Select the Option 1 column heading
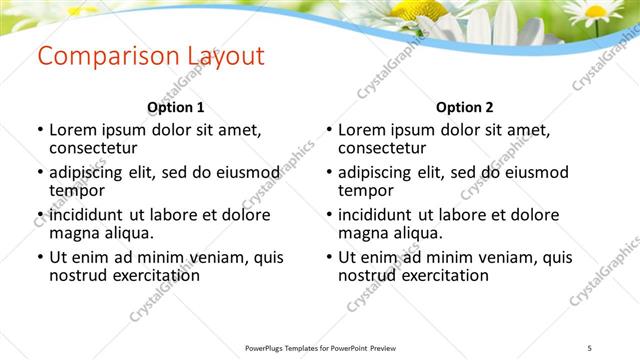click(x=176, y=107)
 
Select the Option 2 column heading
click(x=465, y=107)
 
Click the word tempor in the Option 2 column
click(x=365, y=190)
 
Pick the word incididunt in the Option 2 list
click(x=376, y=214)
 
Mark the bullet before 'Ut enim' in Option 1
click(x=40, y=258)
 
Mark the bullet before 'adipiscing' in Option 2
click(x=329, y=173)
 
